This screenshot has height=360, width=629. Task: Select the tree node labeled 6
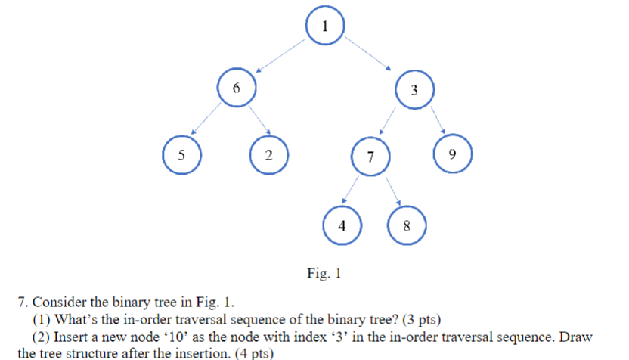pyautogui.click(x=236, y=87)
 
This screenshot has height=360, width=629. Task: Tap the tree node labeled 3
pyautogui.click(x=414, y=90)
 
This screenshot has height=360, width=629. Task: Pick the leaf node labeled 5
pyautogui.click(x=181, y=156)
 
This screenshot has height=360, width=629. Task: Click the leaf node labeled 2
pyautogui.click(x=269, y=156)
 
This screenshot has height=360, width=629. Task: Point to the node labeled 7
pyautogui.click(x=370, y=158)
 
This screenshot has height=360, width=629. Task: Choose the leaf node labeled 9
pyautogui.click(x=451, y=154)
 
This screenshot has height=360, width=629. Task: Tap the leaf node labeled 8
pyautogui.click(x=407, y=225)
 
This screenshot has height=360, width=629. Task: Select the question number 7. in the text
pyautogui.click(x=23, y=303)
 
